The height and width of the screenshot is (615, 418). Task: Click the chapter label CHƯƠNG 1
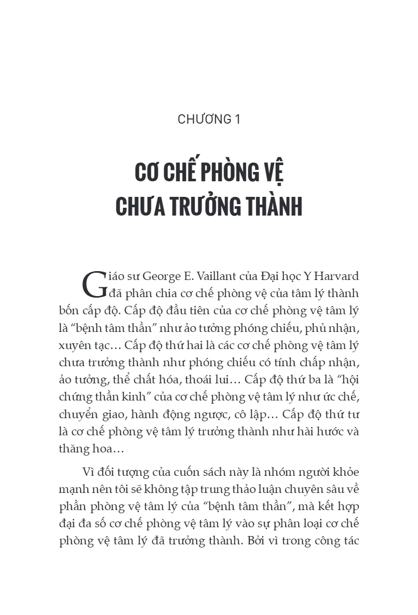[209, 119]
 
